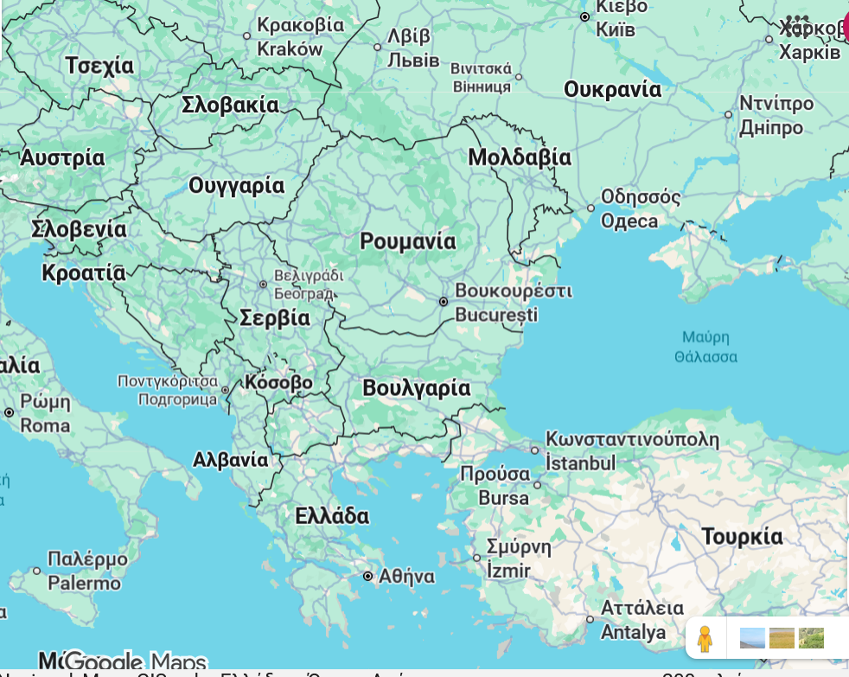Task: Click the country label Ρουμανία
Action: pos(408,241)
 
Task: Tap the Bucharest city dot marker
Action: pos(444,302)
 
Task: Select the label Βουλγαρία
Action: pos(416,388)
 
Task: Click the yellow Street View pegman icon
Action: pos(705,640)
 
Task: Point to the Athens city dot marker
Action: pos(368,576)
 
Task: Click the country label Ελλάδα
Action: pos(332,516)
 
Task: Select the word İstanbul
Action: pos(580,463)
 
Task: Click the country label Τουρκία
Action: pos(742,536)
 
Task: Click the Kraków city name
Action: pos(290,49)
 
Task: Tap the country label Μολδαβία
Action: pos(520,157)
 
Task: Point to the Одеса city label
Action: pos(629,221)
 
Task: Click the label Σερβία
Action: pos(274,317)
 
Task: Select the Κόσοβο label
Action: pos(278,382)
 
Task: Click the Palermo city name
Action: pos(84,584)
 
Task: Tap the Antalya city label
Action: pos(633,633)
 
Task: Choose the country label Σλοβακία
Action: pos(230,105)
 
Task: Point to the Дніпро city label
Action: pos(770,128)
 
